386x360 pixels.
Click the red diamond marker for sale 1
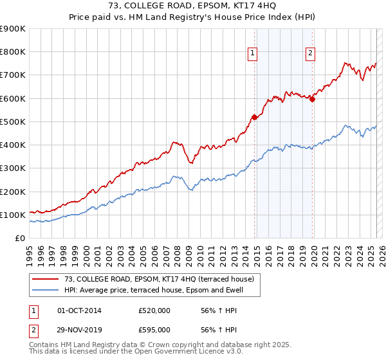click(x=254, y=117)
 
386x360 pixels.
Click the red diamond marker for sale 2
click(x=313, y=99)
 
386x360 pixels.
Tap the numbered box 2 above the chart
click(x=310, y=54)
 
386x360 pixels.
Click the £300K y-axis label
click(x=13, y=168)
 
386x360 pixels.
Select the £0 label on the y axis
click(x=20, y=239)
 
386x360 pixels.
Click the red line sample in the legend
click(x=46, y=279)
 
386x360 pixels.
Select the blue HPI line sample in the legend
click(x=46, y=290)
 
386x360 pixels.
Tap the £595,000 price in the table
click(x=154, y=330)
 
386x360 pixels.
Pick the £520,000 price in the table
click(x=154, y=310)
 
